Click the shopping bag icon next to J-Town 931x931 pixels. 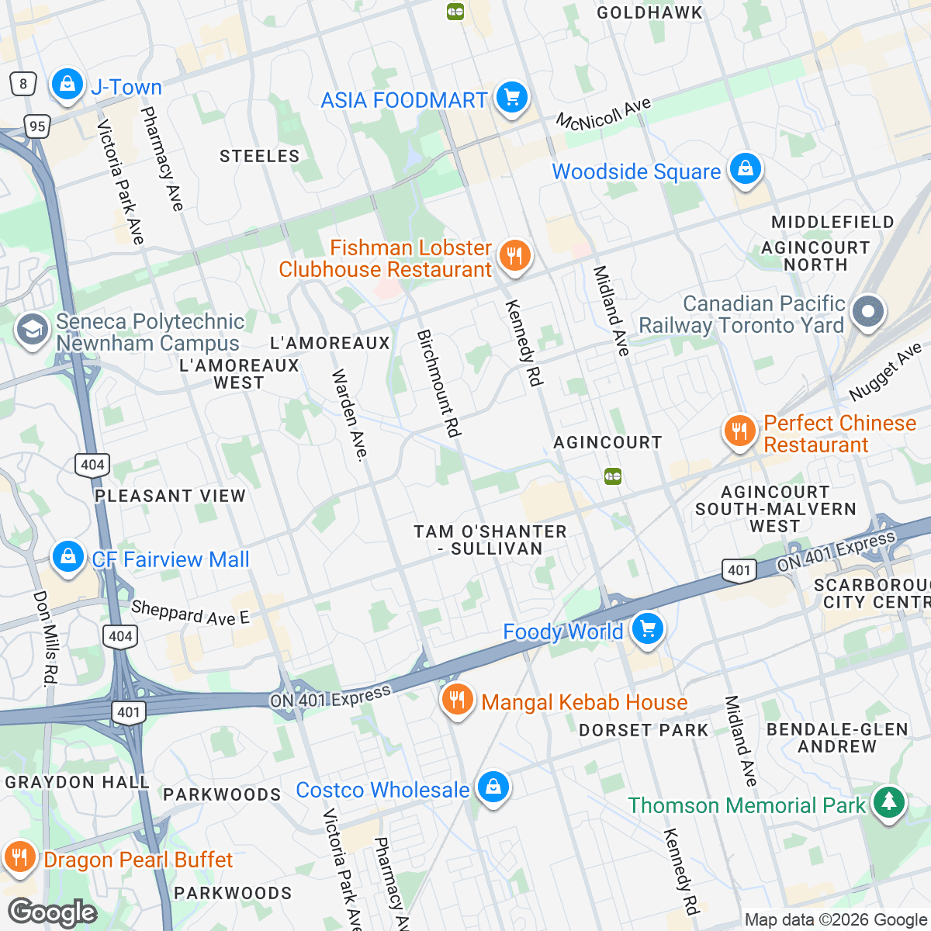tap(67, 84)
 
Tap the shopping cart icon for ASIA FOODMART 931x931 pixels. tap(511, 98)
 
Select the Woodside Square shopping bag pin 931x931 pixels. tap(745, 168)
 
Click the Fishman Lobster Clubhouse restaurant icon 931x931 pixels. tap(514, 255)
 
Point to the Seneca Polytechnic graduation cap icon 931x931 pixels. tap(32, 330)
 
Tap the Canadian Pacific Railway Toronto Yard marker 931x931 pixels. tap(867, 312)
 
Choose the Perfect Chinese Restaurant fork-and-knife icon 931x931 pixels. tap(739, 431)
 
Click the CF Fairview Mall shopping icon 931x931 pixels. tap(68, 556)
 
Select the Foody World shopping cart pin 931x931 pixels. tap(648, 629)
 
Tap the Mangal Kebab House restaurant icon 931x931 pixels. tap(458, 700)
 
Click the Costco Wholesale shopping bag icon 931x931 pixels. tap(492, 787)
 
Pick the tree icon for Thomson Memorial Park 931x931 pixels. tap(889, 802)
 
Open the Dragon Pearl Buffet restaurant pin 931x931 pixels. tap(19, 857)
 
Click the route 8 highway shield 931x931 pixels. tap(23, 84)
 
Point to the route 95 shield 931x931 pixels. tap(36, 126)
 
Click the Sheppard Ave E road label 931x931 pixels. tap(190, 613)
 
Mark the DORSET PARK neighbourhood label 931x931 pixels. tap(644, 730)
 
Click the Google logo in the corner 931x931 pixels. tap(52, 912)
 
